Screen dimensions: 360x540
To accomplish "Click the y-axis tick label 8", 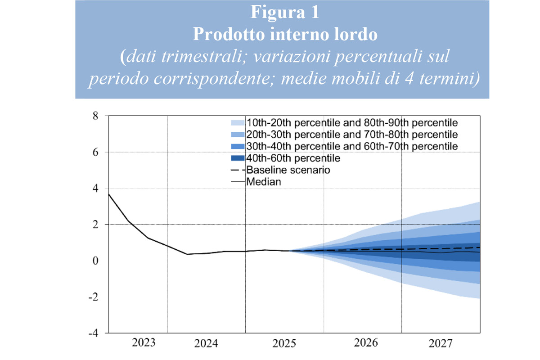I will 95,116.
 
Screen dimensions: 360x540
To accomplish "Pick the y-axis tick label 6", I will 95,152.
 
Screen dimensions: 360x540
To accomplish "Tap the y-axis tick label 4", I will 95,189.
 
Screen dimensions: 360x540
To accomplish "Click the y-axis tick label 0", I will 95,261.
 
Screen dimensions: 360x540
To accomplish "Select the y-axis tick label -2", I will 93,297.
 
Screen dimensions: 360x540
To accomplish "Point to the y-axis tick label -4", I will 93,333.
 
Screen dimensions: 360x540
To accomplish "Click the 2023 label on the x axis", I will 144,343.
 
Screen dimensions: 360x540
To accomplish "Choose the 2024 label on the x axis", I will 206,344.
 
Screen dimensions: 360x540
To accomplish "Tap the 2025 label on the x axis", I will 284,344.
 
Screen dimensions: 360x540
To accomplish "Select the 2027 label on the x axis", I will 440,344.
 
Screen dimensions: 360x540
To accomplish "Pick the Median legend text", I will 264,182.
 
